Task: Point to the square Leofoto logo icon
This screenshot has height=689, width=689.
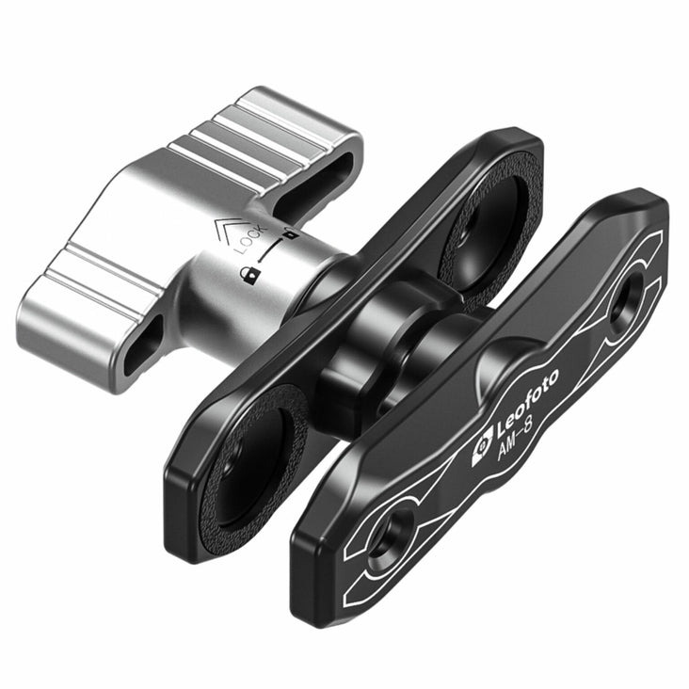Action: (482, 450)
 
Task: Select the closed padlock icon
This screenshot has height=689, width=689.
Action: (250, 276)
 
